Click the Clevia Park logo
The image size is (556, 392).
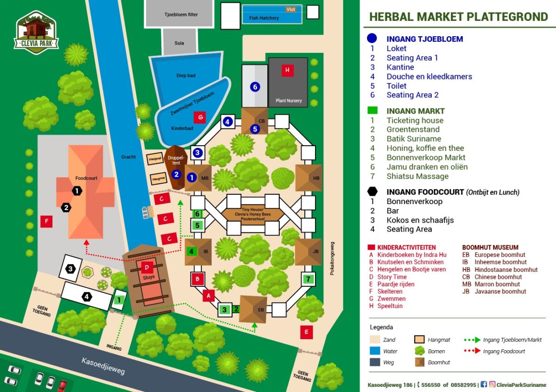[x=37, y=32]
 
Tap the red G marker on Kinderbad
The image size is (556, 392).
[x=200, y=117]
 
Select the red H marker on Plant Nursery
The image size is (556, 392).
[x=287, y=71]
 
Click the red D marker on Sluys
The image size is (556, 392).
[x=147, y=267]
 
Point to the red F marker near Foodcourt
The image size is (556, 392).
[x=46, y=222]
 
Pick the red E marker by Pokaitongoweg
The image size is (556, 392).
[x=306, y=332]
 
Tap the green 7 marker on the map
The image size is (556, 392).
[x=308, y=279]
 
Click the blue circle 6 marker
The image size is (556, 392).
[x=254, y=86]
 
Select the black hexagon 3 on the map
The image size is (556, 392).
[x=70, y=269]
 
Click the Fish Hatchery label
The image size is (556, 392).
[x=264, y=18]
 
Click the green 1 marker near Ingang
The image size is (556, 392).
[x=119, y=300]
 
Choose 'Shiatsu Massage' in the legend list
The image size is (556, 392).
[x=417, y=176]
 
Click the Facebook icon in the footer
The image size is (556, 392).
[x=483, y=385]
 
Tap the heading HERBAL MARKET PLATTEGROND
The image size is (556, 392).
[x=458, y=17]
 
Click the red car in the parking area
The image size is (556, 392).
[x=62, y=385]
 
